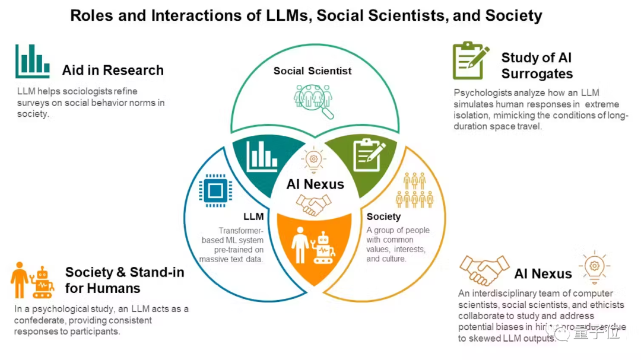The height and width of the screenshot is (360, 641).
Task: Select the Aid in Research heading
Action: [x=113, y=70]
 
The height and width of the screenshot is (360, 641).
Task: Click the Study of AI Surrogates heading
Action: [x=537, y=66]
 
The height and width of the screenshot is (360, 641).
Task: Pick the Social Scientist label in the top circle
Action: [x=312, y=71]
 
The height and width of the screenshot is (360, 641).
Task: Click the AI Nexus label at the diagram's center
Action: [x=315, y=184]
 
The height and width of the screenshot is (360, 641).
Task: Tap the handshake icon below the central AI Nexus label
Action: [x=314, y=205]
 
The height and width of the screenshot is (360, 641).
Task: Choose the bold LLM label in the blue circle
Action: [x=253, y=216]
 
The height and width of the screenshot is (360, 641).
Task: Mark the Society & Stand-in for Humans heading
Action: [x=125, y=280]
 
